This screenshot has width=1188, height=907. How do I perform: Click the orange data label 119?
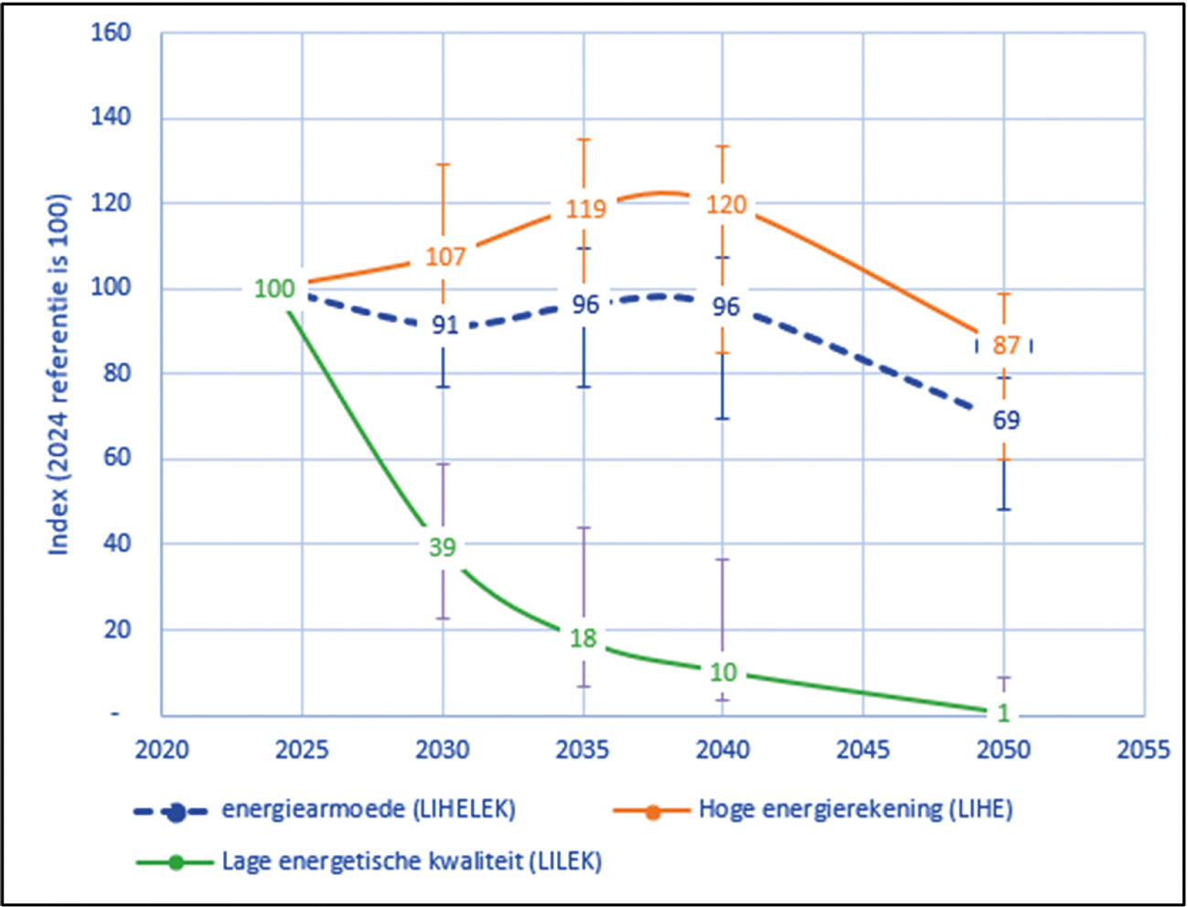(585, 208)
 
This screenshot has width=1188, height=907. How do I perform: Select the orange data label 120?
(726, 205)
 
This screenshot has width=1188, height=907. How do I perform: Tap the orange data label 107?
(445, 257)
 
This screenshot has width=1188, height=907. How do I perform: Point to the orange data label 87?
(1006, 346)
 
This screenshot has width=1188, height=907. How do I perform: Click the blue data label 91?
(444, 325)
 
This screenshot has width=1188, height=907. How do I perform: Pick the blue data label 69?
(1006, 421)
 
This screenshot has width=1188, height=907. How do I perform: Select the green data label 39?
(443, 547)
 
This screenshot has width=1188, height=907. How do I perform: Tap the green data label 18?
(583, 638)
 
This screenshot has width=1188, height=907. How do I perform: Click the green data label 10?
(723, 673)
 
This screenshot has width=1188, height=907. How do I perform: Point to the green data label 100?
(274, 289)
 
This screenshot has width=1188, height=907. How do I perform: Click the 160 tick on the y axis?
(111, 33)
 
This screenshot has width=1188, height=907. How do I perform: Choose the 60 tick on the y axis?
(116, 458)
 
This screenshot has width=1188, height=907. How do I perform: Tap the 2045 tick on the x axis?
(863, 751)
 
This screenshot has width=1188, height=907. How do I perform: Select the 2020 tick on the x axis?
(162, 751)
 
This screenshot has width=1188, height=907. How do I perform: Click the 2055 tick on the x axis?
(1143, 751)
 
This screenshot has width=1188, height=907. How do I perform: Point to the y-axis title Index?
(59, 374)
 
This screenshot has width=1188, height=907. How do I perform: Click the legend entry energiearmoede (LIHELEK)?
(369, 809)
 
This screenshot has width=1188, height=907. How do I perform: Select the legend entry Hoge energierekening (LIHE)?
(855, 809)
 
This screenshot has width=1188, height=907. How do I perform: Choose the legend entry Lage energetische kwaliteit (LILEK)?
(412, 861)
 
